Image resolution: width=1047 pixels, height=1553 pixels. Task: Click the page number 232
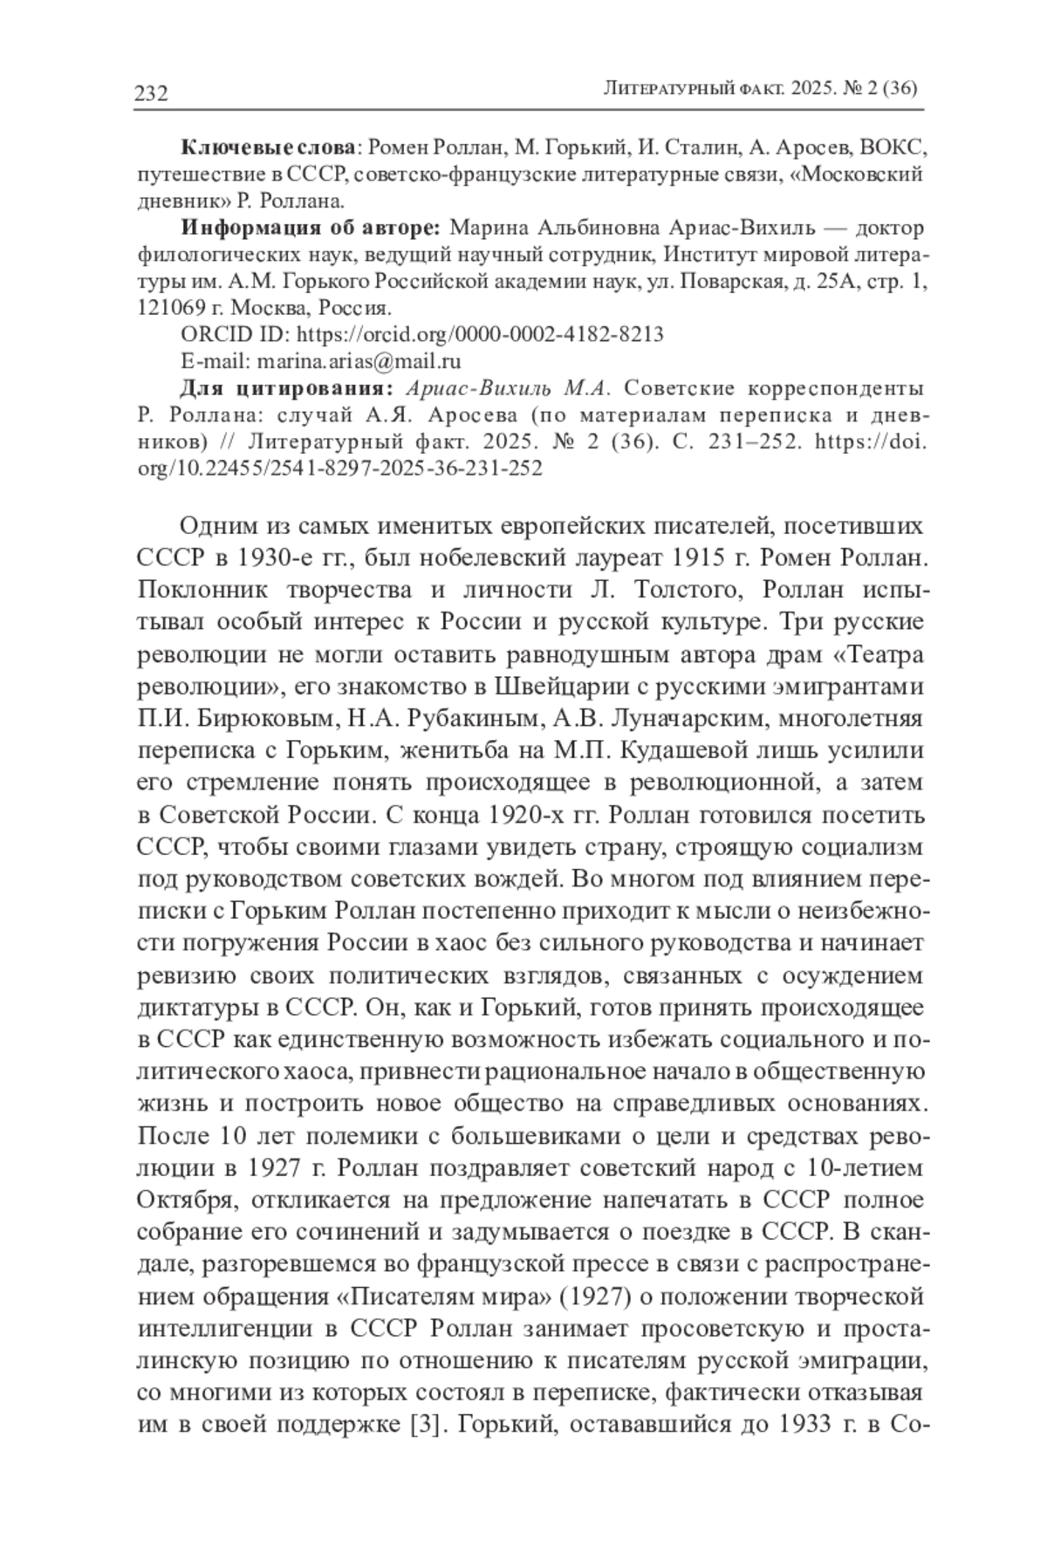(x=151, y=93)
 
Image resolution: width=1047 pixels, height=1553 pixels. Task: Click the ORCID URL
(x=481, y=334)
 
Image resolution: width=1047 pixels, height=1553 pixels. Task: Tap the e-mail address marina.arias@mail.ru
(x=356, y=361)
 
